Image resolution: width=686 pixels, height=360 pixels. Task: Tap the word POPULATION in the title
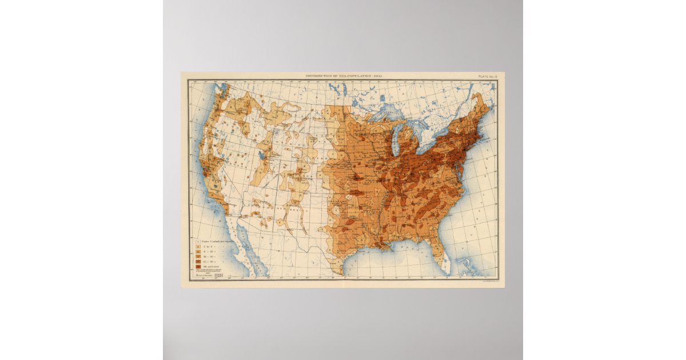360,75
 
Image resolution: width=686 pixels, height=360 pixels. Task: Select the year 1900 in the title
377,75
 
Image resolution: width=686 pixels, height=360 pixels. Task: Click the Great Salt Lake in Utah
261,155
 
